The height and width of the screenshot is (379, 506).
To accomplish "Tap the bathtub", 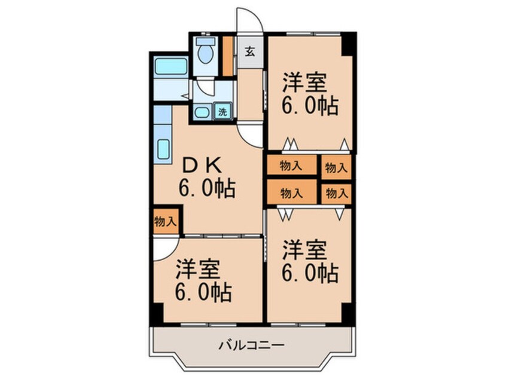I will pyautogui.click(x=171, y=66).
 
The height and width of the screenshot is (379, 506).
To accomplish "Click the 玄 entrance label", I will pyautogui.click(x=249, y=51).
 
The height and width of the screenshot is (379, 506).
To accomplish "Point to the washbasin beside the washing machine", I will pyautogui.click(x=202, y=112).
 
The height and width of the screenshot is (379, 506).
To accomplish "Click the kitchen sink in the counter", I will pyautogui.click(x=163, y=148).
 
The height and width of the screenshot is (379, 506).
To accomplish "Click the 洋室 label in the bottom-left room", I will pyautogui.click(x=197, y=270).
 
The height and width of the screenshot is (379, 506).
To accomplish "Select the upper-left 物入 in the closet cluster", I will pyautogui.click(x=291, y=167).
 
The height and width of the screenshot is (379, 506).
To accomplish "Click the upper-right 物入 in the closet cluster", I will pyautogui.click(x=336, y=168).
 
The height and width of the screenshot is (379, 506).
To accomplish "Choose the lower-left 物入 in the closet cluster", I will pyautogui.click(x=291, y=193).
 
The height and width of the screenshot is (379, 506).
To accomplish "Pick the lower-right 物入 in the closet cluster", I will pyautogui.click(x=336, y=193).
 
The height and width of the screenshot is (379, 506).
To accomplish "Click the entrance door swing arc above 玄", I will pyautogui.click(x=249, y=21).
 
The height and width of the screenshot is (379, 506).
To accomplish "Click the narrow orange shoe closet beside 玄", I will pyautogui.click(x=227, y=56).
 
